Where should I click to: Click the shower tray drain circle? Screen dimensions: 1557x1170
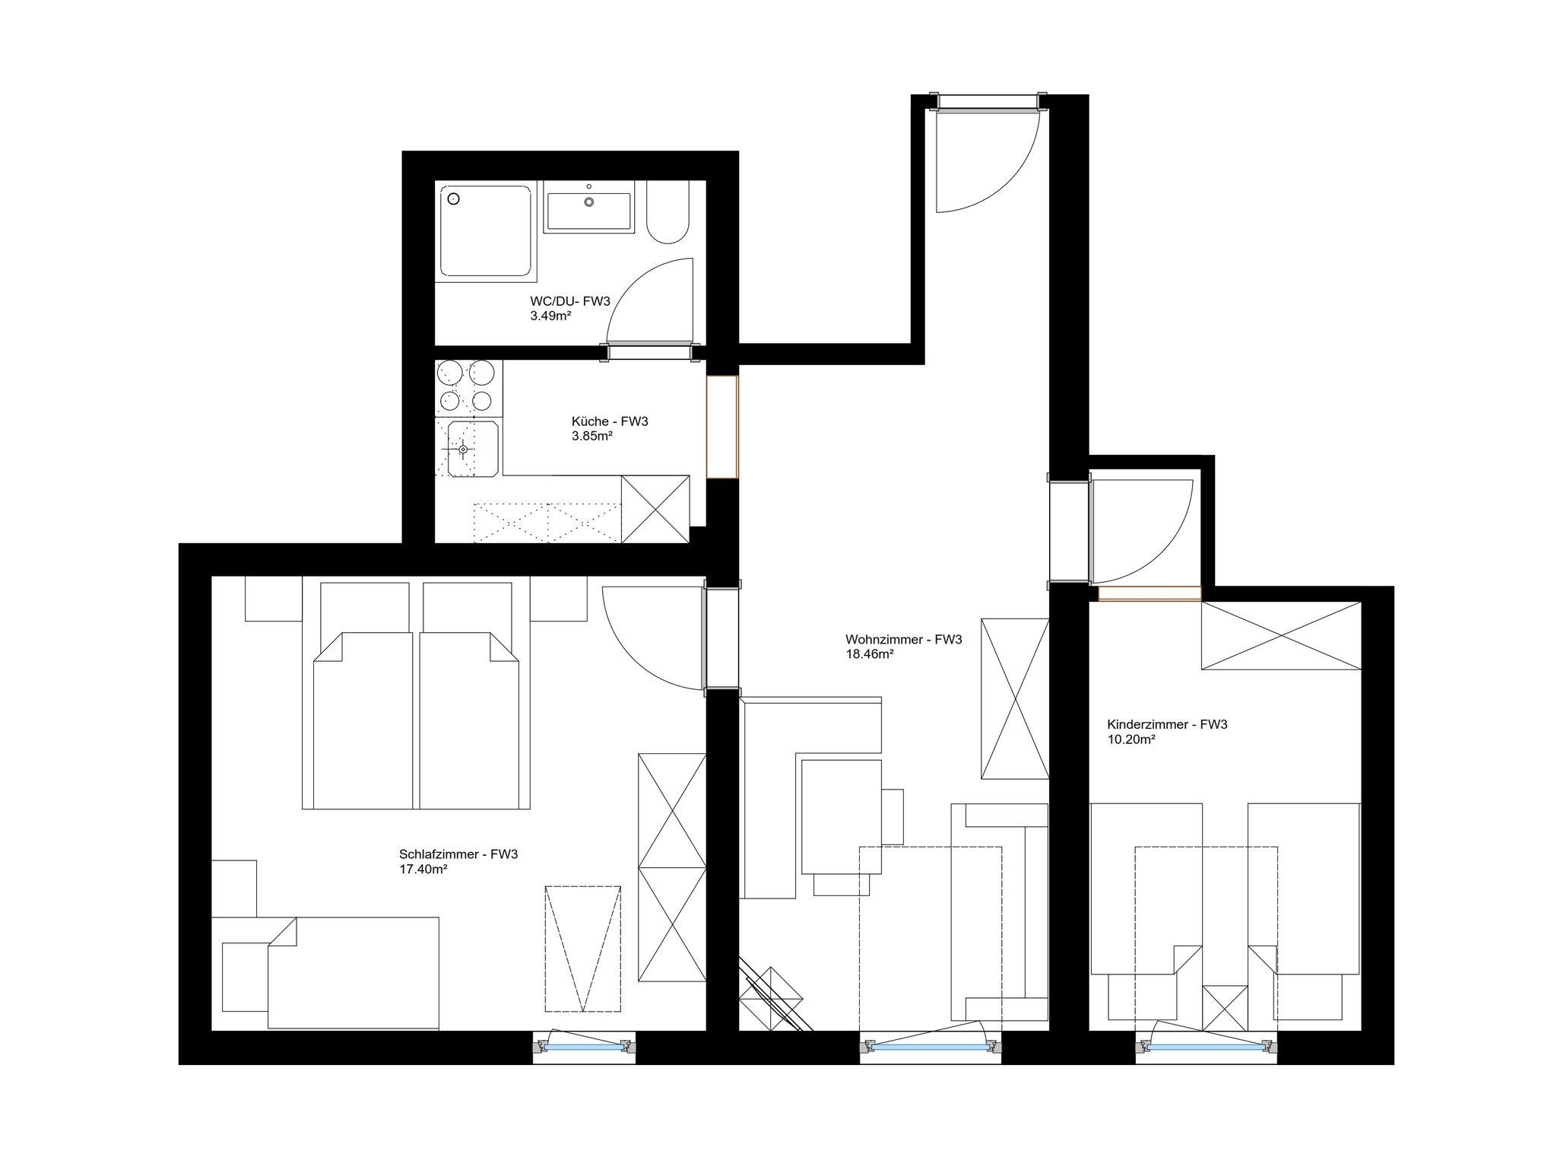coord(454,199)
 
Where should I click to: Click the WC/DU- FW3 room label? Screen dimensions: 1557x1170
coord(570,301)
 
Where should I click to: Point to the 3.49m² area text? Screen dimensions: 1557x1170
coord(550,316)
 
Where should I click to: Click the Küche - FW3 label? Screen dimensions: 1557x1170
coord(610,421)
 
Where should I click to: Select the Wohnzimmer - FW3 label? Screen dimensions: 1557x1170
coord(903,640)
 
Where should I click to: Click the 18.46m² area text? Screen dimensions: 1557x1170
coord(869,653)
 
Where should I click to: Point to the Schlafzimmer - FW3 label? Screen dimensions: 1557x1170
coord(458,854)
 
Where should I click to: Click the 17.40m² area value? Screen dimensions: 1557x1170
coord(423,869)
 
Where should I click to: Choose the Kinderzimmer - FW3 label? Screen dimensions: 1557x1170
coord(1167,724)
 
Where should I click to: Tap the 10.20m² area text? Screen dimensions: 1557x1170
coord(1131,739)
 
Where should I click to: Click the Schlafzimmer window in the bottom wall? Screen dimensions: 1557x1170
coord(583,1047)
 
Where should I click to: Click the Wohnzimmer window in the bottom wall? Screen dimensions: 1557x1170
coord(930,1047)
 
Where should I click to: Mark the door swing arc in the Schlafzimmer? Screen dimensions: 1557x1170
coord(630,657)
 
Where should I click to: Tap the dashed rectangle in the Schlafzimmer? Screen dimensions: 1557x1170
coord(583,949)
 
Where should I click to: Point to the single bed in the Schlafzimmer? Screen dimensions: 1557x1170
coord(354,973)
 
